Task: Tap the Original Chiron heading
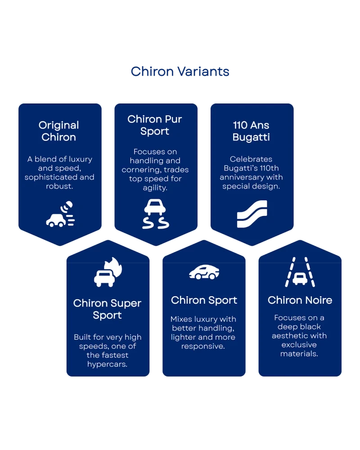58,131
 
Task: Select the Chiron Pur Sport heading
154,125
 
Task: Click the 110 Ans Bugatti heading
251,131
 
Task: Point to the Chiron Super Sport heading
107,309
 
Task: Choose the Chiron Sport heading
204,300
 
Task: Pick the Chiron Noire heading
300,300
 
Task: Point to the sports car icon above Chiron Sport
204,271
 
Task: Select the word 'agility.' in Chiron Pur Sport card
154,188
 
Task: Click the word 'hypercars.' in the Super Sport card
107,364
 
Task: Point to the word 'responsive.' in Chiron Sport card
202,346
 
